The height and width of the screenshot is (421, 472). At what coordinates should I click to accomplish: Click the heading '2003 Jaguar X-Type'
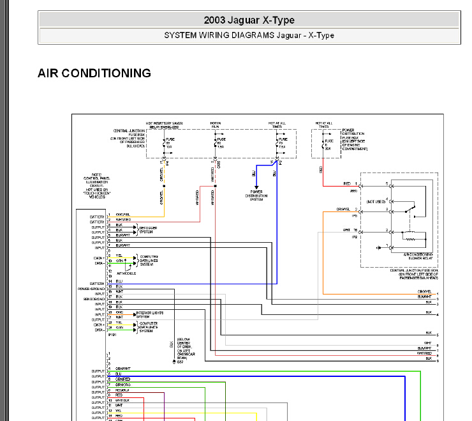point(249,20)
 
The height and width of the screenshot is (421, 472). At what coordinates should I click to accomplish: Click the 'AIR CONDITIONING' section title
point(94,73)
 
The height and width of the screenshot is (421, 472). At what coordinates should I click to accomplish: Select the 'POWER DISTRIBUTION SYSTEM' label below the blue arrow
point(256,194)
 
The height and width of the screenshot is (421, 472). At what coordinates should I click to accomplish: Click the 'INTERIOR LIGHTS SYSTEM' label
point(151,314)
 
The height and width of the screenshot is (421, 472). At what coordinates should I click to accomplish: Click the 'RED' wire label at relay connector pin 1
point(347,183)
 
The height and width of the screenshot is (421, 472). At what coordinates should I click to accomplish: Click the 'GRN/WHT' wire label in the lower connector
point(122,369)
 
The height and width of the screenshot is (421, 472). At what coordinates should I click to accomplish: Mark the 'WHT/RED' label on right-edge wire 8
point(424,353)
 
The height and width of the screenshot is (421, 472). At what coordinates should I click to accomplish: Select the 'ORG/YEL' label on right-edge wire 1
point(424,292)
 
